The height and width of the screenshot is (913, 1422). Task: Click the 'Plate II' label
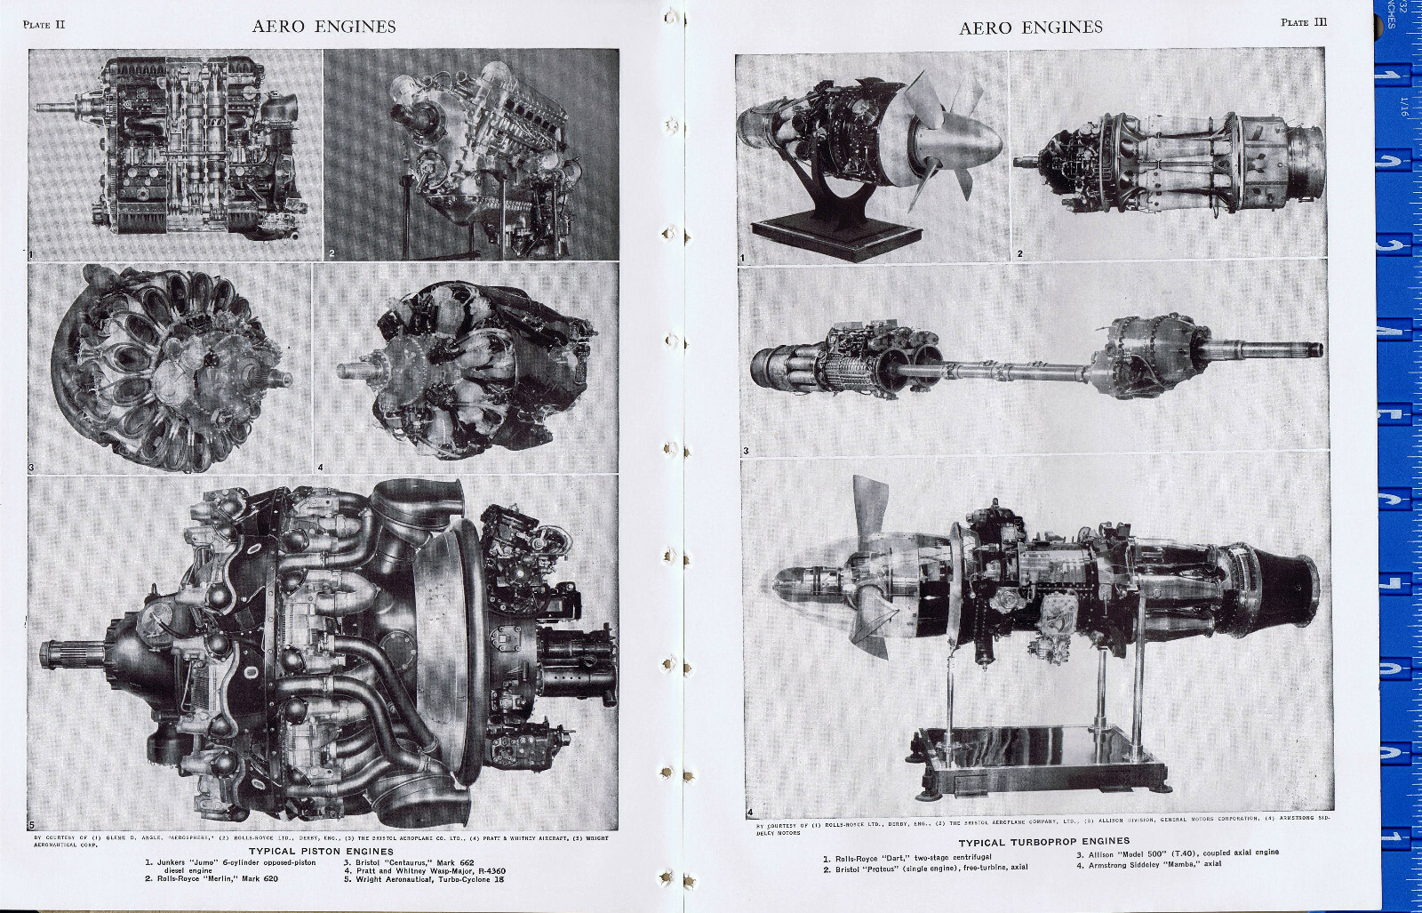coord(44,24)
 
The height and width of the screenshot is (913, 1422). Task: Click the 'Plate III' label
coord(1304,22)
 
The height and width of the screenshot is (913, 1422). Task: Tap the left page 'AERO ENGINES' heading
coord(324,26)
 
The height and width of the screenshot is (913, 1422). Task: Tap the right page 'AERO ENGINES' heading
coord(1030,28)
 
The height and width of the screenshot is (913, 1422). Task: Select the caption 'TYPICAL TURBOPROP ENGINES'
coord(1043,840)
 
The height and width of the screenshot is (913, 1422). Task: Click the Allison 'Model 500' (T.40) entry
coord(1178,852)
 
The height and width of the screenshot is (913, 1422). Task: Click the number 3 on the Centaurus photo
coord(31,467)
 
